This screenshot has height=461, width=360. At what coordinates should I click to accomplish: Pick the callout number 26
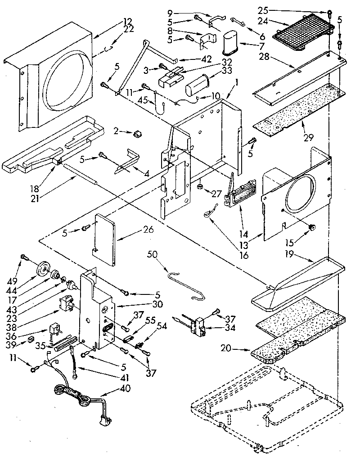148,230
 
